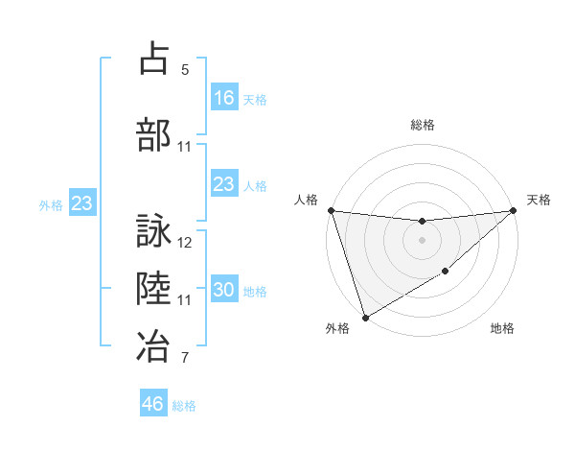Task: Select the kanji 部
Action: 154,134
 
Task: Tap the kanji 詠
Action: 154,232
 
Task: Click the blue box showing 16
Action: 224,97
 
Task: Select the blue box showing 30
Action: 224,290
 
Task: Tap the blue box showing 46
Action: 153,404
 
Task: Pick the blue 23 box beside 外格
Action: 81,203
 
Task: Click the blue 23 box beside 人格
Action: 224,184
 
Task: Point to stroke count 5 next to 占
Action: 184,70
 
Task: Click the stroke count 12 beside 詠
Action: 186,243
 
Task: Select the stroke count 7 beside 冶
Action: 184,359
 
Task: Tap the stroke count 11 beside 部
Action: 185,147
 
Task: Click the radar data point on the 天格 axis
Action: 514,210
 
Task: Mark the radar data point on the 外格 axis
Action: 365,317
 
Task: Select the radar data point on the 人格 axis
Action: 331,210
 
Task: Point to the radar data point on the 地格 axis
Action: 447,273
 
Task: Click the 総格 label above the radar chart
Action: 423,125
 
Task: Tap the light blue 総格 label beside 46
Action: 184,406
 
